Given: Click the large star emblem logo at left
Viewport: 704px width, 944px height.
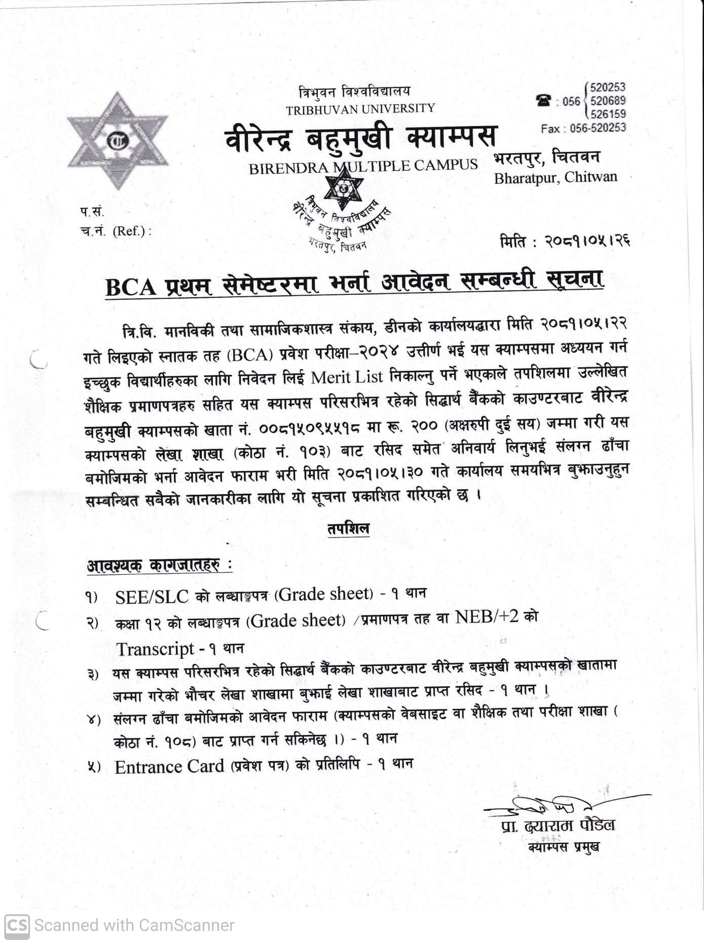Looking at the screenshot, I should click(118, 141).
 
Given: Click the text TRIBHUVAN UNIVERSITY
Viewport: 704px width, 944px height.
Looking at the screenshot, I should click(360, 109).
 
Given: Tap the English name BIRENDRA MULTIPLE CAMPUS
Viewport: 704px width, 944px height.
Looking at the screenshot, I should click(363, 167).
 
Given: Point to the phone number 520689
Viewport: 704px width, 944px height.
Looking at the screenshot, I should click(608, 101).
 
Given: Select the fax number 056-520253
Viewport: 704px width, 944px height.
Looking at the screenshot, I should click(598, 128).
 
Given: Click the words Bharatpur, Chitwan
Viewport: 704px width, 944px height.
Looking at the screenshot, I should click(555, 178).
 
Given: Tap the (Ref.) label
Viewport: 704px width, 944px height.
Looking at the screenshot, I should click(132, 231).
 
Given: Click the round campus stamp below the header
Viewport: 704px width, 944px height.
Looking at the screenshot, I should click(343, 213).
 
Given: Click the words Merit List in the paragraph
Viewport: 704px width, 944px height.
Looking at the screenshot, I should click(348, 377).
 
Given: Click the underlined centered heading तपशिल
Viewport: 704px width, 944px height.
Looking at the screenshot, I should click(348, 529).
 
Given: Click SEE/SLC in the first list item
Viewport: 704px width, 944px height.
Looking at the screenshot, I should click(152, 597).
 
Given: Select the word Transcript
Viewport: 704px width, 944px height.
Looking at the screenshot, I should click(155, 649).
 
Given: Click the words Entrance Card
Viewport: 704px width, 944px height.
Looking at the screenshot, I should click(169, 767).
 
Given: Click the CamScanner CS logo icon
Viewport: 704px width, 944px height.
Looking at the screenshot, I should click(16, 925).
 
